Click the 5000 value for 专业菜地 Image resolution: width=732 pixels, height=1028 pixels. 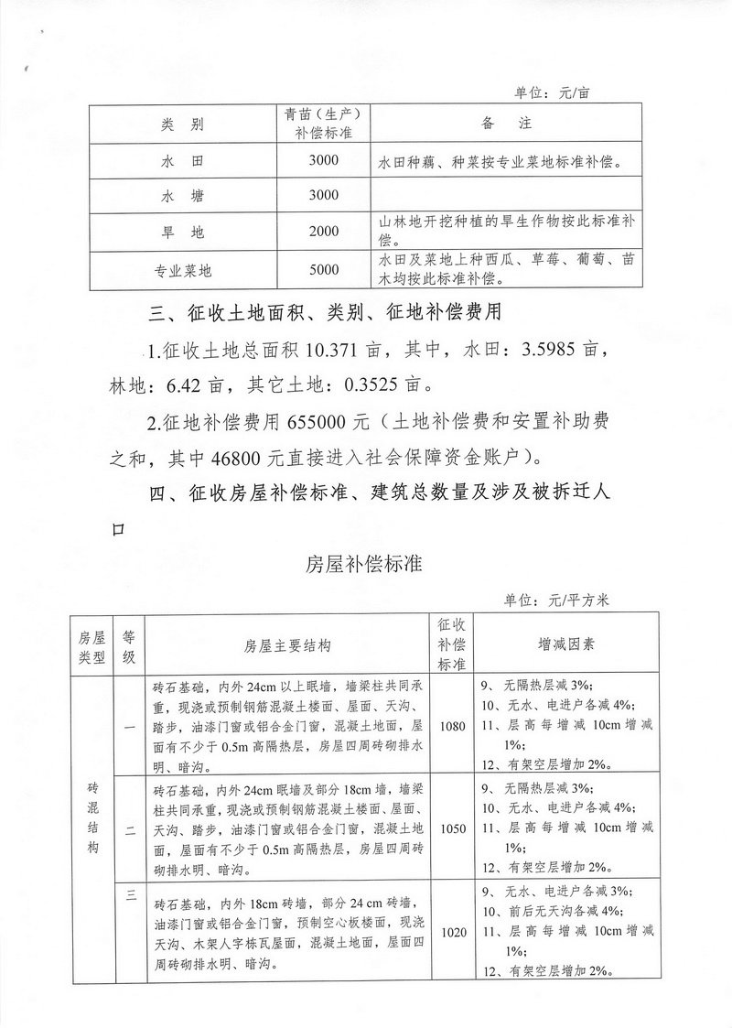pos(324,270)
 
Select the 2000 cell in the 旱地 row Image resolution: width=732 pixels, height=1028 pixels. pos(324,232)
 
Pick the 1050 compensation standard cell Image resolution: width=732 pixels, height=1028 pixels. pos(452,829)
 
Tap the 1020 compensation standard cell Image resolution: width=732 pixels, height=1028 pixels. pos(452,933)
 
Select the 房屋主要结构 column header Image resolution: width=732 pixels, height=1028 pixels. pos(288,645)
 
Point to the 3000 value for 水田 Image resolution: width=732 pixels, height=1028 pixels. pos(324,161)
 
